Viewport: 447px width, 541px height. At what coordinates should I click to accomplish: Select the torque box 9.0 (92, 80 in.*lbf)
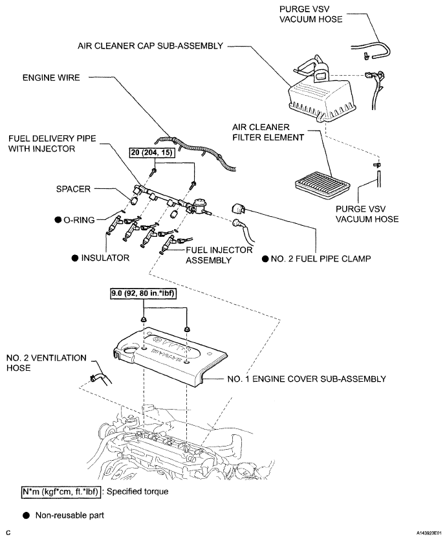[x=143, y=293]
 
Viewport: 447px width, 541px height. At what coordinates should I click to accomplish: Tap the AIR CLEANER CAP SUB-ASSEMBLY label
[x=150, y=46]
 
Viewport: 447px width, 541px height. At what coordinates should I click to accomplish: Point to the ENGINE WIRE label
[x=51, y=78]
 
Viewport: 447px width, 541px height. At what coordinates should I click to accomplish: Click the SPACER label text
[x=73, y=189]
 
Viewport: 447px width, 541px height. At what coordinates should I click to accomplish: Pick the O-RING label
[x=79, y=220]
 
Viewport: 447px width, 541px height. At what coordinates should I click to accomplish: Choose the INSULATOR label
[x=105, y=258]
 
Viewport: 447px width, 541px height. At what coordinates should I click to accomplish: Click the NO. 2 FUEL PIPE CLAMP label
[x=321, y=259]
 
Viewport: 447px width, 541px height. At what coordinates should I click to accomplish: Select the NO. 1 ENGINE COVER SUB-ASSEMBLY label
[x=307, y=379]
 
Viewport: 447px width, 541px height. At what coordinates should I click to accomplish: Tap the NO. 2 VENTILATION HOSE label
[x=46, y=362]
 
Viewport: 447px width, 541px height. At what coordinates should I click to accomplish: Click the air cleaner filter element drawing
[x=323, y=186]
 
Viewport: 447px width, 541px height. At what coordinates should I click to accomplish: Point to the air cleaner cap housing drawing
[x=321, y=100]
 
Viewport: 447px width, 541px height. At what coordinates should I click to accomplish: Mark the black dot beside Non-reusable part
[x=27, y=516]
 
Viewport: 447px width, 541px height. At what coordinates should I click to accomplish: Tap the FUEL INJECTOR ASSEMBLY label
[x=219, y=255]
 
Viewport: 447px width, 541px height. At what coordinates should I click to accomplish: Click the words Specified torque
[x=138, y=492]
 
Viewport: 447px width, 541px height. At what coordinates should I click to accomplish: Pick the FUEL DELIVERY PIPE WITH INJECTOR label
[x=52, y=144]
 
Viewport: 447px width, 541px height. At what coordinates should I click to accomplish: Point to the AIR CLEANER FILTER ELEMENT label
[x=268, y=132]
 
